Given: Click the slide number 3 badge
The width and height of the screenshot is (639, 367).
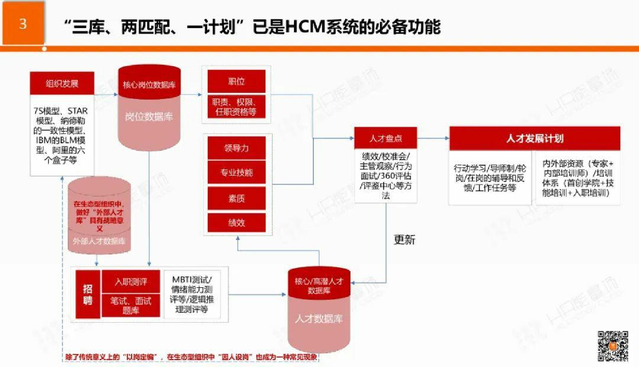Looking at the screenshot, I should coord(22,24).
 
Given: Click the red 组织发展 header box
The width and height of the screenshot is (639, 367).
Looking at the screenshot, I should coord(62,83).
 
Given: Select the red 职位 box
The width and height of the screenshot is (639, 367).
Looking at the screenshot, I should coord(237,81).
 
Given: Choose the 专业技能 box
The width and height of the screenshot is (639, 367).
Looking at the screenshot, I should coord(237,173).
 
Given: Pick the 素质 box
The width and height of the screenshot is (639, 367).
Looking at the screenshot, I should coord(237,198).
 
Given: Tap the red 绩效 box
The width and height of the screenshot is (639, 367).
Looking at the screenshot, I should coord(237,222).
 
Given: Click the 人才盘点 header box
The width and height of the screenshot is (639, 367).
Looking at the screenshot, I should coord(385,138).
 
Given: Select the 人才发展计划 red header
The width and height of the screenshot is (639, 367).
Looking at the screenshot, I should coord(535,138).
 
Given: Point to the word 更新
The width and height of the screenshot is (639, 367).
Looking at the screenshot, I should coord(404,239).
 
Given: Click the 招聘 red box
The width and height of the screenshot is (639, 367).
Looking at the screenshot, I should coord(88,293).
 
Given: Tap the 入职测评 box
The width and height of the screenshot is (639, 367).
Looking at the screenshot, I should coord(130,282).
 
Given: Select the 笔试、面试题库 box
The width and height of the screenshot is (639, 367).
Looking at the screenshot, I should coord(130,305).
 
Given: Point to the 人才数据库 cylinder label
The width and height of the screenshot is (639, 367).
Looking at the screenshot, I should coord(319,319).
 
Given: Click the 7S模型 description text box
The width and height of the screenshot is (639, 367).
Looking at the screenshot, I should coord(61,135).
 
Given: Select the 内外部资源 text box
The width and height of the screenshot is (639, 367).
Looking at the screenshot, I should coord(577,176).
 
